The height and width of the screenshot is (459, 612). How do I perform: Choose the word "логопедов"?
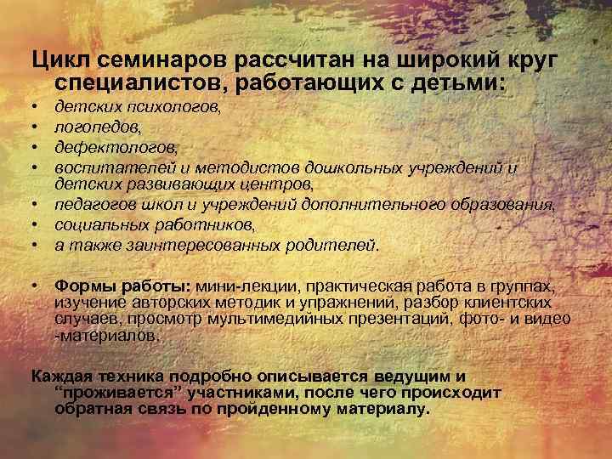(91, 127)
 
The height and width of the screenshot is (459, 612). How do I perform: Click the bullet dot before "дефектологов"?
(37, 146)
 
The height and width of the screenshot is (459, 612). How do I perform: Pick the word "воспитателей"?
(105, 167)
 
